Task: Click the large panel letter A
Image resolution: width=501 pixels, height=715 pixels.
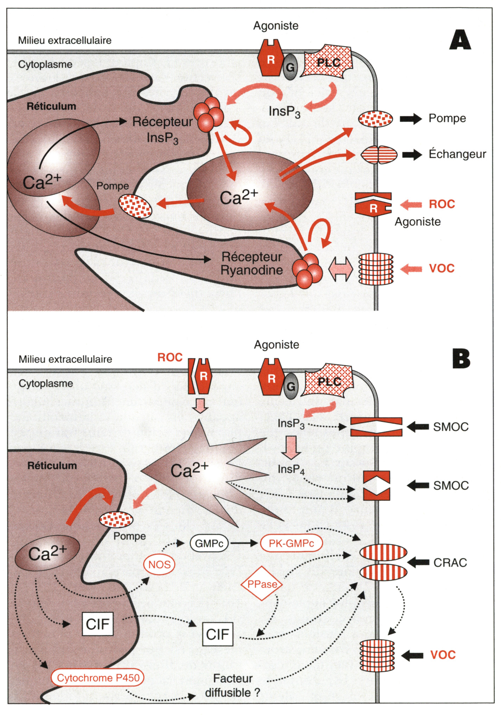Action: coord(460,40)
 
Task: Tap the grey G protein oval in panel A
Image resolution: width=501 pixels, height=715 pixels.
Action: coord(290,67)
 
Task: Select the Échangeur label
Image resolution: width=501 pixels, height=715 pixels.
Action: coord(457,154)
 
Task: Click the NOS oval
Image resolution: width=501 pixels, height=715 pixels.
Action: coord(159,565)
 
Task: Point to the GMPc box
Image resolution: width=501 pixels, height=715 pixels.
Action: coord(209,544)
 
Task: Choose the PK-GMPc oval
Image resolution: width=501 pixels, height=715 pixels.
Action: coord(291,544)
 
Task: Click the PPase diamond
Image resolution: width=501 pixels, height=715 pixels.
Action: coord(262,584)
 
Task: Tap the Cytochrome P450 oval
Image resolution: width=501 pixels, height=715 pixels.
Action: coord(98,678)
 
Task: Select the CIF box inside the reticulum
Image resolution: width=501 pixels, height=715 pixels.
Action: coord(98,624)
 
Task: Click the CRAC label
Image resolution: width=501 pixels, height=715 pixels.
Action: coord(450,563)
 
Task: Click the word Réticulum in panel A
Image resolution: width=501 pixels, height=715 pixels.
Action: coord(51,106)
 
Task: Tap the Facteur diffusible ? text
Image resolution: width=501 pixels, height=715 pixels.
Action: coord(233,685)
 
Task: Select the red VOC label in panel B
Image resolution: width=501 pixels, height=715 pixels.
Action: coord(443,655)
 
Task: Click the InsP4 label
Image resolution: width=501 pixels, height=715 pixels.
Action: coord(291,469)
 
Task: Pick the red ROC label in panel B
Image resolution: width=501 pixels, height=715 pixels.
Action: coord(170,357)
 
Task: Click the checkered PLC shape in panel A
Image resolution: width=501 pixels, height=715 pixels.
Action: coord(328,63)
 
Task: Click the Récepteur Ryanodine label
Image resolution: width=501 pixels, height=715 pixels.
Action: coord(252,264)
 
